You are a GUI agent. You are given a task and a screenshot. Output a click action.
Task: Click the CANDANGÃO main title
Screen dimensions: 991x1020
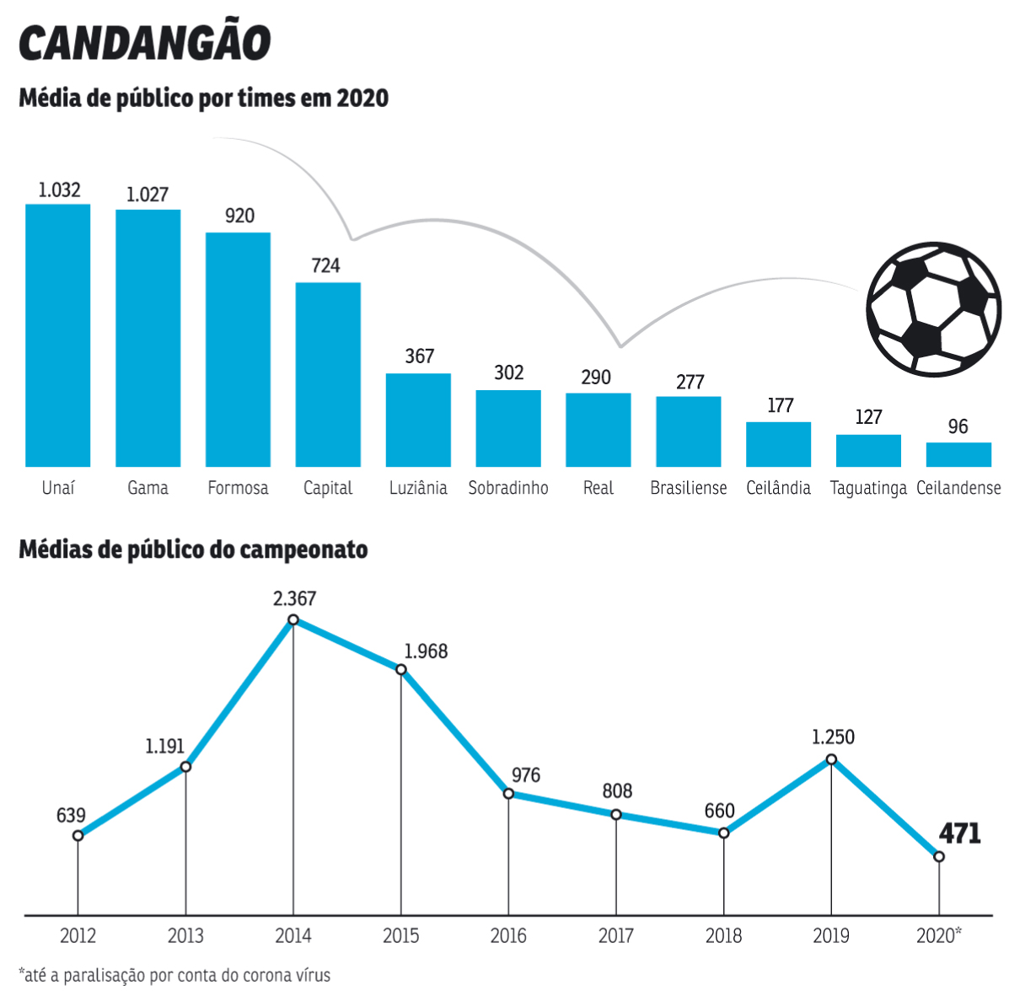point(145,43)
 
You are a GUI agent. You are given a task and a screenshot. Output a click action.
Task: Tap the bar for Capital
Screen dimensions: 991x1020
point(328,374)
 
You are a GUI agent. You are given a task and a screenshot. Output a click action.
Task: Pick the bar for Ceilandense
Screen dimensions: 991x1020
point(958,454)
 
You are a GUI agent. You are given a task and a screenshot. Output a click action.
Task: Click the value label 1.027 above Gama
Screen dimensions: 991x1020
point(148,195)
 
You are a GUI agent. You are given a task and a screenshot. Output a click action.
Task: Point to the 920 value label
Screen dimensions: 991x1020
point(239,216)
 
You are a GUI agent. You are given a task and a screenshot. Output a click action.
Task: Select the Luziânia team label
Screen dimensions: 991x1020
point(418,488)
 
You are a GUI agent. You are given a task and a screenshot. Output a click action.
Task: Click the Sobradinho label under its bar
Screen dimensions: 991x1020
point(508,488)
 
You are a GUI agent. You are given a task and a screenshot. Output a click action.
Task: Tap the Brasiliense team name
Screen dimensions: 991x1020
point(688,488)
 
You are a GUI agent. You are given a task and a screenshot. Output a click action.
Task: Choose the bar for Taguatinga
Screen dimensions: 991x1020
point(868,451)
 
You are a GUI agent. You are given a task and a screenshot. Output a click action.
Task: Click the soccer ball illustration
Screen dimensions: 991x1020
point(934,309)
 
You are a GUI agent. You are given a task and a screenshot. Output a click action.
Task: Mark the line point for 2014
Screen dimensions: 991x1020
point(293,619)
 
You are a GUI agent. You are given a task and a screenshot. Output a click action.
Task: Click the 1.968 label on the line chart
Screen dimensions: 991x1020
point(426,651)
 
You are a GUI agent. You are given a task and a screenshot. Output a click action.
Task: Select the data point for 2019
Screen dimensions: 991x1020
point(831,759)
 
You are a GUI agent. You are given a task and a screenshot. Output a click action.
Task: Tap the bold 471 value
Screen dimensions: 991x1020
point(960,833)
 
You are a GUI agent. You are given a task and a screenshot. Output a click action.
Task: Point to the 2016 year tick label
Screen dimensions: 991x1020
point(508,935)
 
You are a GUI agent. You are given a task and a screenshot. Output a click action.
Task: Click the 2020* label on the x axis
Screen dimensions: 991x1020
point(938,935)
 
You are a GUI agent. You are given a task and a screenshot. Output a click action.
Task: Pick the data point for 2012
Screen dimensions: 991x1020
point(78,836)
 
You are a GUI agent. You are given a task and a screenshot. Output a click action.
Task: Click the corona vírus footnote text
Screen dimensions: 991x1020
point(174,976)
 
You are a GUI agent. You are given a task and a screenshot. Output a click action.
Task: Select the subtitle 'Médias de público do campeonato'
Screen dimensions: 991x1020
point(193,550)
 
